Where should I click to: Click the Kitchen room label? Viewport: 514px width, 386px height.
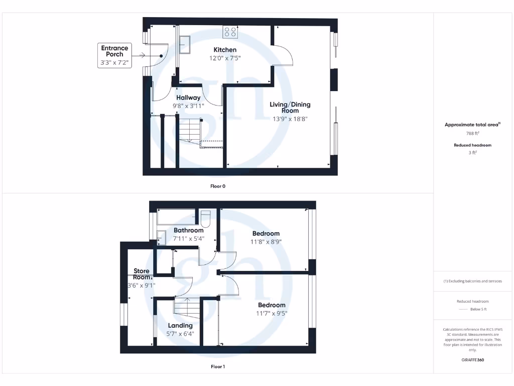coord(225,50)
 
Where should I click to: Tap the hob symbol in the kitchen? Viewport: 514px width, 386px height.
coord(230,32)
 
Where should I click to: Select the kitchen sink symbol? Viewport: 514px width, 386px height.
coord(185,44)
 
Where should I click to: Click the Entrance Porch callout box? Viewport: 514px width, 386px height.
coord(115,56)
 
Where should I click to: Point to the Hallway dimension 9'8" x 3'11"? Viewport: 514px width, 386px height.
coord(188,106)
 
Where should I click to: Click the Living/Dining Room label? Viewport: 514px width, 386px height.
coord(290,108)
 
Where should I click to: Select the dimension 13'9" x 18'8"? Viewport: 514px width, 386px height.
coord(290,119)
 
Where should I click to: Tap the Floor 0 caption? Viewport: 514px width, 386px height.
coord(218,186)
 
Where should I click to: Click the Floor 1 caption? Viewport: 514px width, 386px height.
coord(218,366)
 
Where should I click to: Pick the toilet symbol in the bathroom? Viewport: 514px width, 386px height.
coord(206,219)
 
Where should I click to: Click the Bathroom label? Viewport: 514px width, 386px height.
coord(189,230)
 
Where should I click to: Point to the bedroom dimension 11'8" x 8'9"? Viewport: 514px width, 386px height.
coord(266,241)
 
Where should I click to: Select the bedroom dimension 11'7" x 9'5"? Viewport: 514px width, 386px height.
coord(272,313)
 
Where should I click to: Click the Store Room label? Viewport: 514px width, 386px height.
coord(142,274)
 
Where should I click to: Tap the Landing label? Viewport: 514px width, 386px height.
coord(180,325)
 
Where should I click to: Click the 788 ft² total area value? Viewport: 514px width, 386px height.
coord(472,133)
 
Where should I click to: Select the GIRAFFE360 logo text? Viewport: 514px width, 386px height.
coord(472,360)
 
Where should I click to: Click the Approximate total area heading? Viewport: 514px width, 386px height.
coord(472,125)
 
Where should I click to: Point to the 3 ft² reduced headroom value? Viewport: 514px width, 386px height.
coord(472,153)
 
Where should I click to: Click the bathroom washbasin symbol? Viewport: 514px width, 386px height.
coord(162,236)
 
